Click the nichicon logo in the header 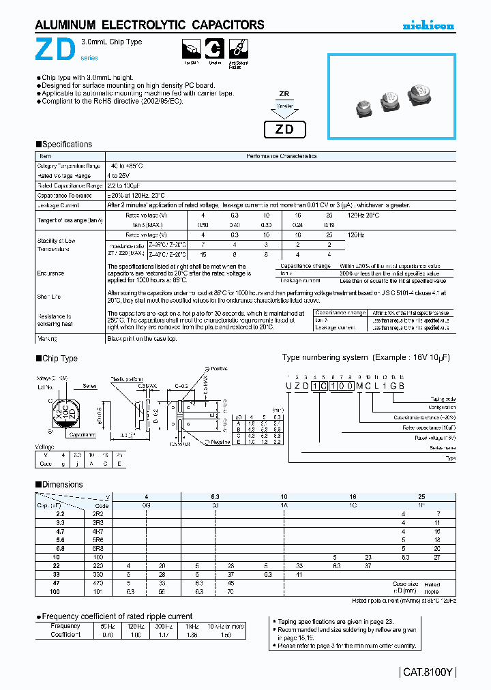coord(428,26)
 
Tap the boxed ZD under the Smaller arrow coord(284,130)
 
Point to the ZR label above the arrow coord(284,95)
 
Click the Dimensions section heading coord(62,485)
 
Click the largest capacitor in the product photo coord(421,94)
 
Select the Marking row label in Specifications coord(47,339)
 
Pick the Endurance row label coord(50,273)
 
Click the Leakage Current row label coord(58,205)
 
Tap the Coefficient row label coord(65,635)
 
